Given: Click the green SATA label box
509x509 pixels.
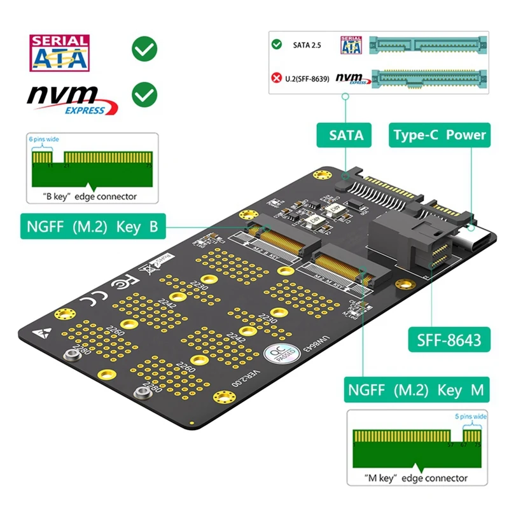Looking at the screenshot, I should click(346, 135).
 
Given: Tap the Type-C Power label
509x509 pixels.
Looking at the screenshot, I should click(439, 135).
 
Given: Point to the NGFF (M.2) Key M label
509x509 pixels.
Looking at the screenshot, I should click(417, 388).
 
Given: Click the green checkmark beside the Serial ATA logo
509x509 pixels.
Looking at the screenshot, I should click(144, 50).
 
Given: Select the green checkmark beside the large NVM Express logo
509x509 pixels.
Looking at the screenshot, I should click(144, 95).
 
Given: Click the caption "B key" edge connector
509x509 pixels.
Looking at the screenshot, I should click(90, 196).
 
